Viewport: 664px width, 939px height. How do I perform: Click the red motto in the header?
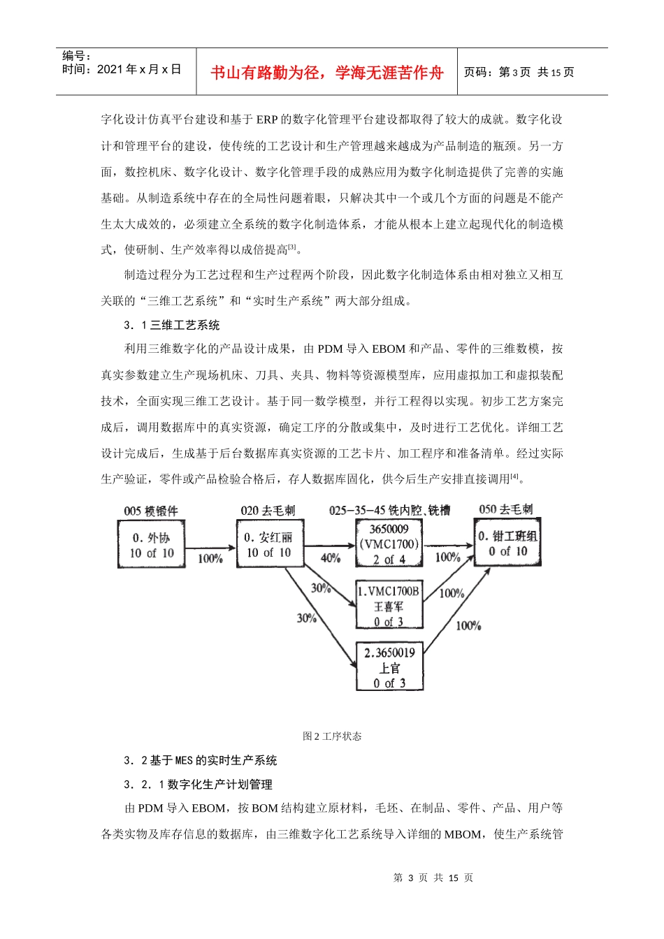point(326,73)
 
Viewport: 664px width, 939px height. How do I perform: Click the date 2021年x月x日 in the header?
point(122,69)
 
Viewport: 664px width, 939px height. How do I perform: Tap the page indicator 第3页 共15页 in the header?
point(519,72)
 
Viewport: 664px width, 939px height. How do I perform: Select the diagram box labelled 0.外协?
point(152,545)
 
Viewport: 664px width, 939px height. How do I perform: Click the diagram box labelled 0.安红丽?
point(268,545)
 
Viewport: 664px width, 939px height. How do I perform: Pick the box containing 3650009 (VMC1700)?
point(389,544)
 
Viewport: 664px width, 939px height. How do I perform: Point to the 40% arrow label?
point(330,558)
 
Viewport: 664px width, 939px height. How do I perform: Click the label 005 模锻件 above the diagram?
point(151,511)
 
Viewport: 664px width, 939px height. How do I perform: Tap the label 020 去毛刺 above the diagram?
point(268,511)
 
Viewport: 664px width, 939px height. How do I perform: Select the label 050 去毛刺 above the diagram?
point(506,509)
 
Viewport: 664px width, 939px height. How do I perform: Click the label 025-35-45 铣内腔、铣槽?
point(389,511)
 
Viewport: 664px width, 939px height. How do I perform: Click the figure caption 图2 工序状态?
point(332,736)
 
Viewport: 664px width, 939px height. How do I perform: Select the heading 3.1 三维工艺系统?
point(172,325)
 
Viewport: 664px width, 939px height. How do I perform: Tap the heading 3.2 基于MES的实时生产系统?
point(201,760)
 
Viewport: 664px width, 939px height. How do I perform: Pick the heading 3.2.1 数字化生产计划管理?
point(199,785)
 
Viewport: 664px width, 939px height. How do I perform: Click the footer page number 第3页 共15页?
point(433,878)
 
